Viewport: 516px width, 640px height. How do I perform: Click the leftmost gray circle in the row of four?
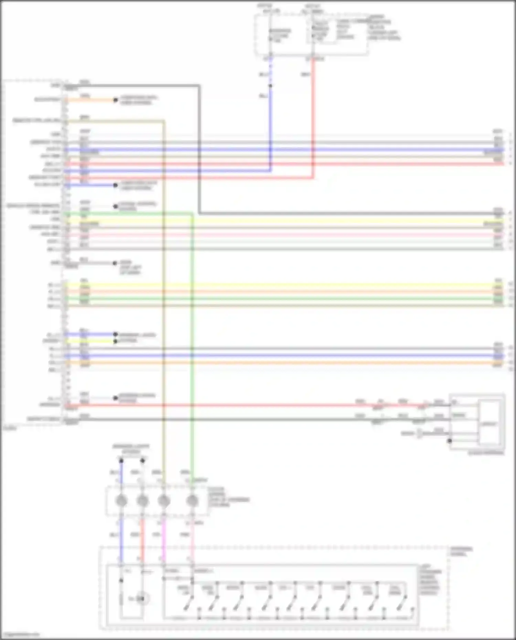(x=121, y=501)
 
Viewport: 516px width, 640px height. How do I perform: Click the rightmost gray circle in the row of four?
(x=192, y=501)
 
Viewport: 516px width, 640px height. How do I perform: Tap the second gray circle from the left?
(x=142, y=501)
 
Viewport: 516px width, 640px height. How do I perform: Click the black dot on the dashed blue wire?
(x=270, y=86)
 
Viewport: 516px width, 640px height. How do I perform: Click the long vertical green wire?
(x=192, y=344)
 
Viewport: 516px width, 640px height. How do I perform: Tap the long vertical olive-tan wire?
(x=163, y=310)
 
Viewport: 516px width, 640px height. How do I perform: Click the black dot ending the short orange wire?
(x=116, y=100)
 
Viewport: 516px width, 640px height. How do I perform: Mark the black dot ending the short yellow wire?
(x=116, y=341)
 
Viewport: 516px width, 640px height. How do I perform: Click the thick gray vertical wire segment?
(x=199, y=148)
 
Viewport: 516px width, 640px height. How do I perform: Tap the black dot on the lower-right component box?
(x=450, y=441)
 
